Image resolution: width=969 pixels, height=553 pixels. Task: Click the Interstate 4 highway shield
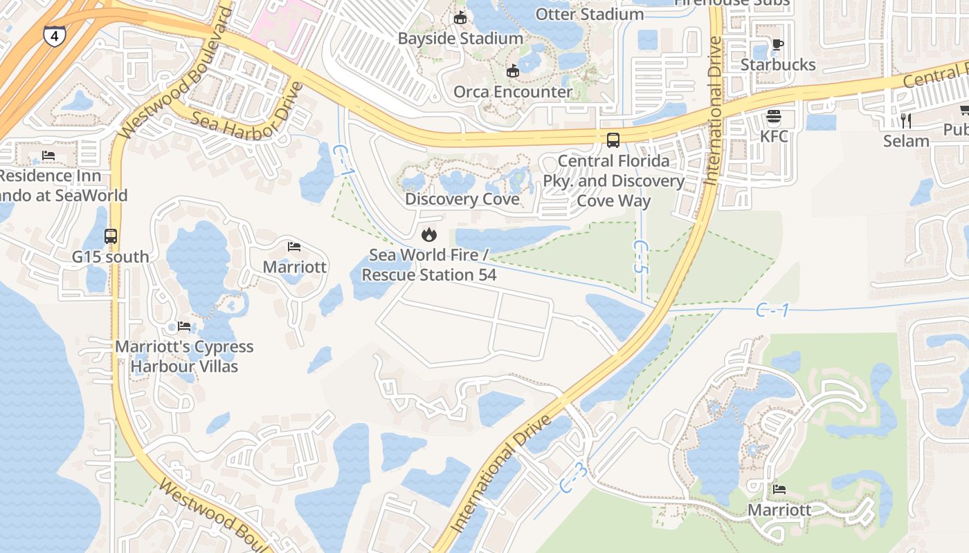(54, 35)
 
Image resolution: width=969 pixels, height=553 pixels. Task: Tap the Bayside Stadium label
(460, 38)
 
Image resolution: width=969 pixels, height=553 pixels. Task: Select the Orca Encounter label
(513, 91)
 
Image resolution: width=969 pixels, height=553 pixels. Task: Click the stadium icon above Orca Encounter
(513, 71)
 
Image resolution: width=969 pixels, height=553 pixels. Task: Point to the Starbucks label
(778, 64)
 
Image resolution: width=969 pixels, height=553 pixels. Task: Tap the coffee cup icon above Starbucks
(778, 45)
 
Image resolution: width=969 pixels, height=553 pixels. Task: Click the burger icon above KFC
(774, 116)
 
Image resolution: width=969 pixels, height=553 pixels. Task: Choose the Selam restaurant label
(906, 141)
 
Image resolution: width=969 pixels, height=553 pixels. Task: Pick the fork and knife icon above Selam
(906, 121)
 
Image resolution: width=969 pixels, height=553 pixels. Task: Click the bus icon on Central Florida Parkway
(613, 140)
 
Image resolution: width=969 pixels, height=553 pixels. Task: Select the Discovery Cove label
(462, 199)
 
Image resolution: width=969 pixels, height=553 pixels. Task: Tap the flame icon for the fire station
(429, 235)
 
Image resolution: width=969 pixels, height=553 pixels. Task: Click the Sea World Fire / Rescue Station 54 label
(429, 265)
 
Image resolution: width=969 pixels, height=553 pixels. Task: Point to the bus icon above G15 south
(111, 236)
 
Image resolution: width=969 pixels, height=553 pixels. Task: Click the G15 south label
(111, 256)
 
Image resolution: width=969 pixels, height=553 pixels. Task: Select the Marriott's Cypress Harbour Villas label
(184, 356)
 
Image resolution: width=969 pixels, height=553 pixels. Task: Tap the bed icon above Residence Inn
(48, 156)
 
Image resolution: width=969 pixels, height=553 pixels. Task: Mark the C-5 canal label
(640, 256)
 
